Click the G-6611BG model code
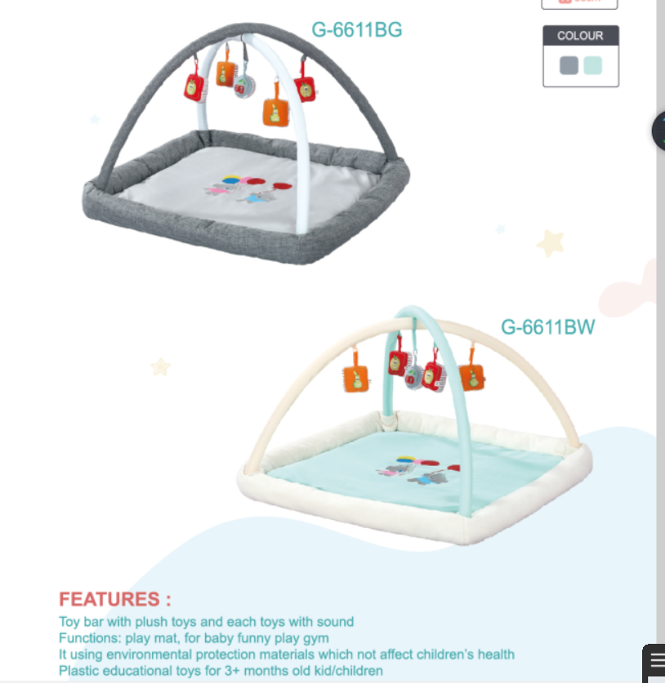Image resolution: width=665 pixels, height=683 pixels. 357,29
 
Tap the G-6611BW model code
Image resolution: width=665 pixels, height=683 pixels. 547,326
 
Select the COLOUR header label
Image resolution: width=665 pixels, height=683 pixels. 580,36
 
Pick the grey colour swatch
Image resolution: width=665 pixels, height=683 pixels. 569,65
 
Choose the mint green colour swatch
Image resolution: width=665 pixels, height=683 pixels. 592,65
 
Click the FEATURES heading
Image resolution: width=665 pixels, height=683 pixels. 115,599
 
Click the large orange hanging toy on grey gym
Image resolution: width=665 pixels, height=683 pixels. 275,112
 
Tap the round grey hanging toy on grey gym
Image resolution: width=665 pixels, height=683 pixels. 244,86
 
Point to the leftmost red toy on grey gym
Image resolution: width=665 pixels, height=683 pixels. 194,87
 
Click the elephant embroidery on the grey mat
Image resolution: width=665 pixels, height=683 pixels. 248,189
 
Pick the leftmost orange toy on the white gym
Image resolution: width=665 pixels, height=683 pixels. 355,379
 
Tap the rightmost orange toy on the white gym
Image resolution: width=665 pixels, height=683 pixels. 472,378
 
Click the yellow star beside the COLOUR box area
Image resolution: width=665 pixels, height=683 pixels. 551,242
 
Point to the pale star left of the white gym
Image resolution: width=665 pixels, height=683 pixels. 160,366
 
